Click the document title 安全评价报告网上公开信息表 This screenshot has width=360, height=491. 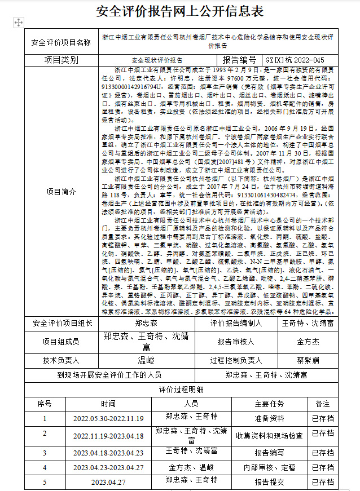tap(179, 11)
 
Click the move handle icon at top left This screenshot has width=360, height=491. tap(18, 22)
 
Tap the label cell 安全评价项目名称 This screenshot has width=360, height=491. tap(61, 42)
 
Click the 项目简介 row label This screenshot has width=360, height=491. tap(61, 191)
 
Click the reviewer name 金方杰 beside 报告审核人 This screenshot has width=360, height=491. tap(308, 342)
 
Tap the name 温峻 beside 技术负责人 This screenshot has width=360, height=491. tap(146, 360)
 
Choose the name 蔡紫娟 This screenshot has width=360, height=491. tap(308, 360)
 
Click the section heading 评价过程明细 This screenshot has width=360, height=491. tap(181, 390)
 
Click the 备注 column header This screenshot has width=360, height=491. tap(323, 404)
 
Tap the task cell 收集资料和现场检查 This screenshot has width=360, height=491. tap(269, 435)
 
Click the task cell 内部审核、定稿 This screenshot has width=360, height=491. tap(269, 467)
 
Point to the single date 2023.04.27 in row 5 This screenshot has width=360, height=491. tap(108, 483)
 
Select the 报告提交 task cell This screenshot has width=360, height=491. tap(269, 483)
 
